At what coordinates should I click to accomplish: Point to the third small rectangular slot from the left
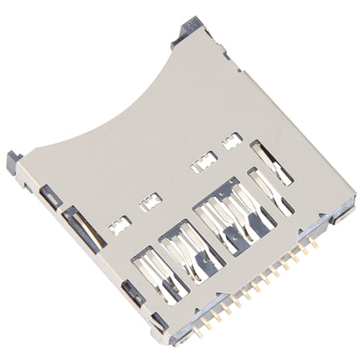click(202, 161)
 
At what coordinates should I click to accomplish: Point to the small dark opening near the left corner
click(45, 194)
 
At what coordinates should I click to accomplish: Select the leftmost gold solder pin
click(198, 330)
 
